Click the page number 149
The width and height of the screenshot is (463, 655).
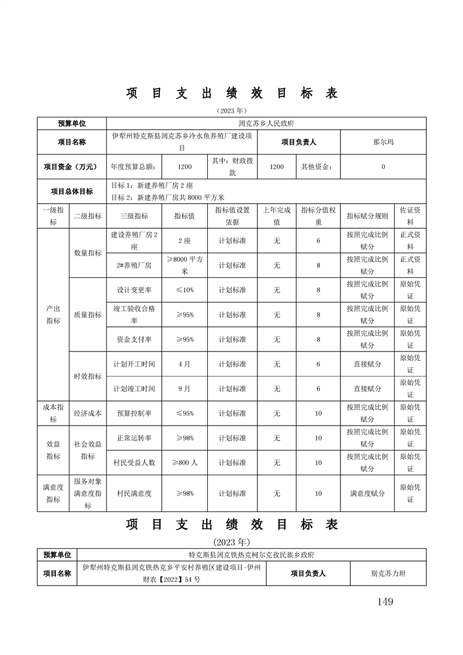pyautogui.click(x=385, y=601)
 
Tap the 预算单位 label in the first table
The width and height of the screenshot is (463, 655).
pyautogui.click(x=72, y=124)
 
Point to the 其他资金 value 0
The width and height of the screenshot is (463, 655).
pyautogui.click(x=383, y=167)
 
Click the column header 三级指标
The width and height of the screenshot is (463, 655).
pyautogui.click(x=134, y=216)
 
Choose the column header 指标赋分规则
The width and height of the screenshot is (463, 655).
pyautogui.click(x=367, y=216)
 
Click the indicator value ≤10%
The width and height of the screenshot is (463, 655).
pyautogui.click(x=184, y=290)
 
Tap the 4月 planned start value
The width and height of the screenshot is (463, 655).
pyautogui.click(x=184, y=364)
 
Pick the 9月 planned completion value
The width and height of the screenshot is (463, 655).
pyautogui.click(x=184, y=388)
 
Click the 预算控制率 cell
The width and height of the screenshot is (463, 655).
pyautogui.click(x=134, y=413)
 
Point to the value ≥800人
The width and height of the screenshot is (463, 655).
pyautogui.click(x=184, y=462)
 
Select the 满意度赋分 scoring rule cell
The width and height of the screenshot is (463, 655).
pyautogui.click(x=367, y=493)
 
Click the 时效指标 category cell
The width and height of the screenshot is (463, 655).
pyautogui.click(x=88, y=376)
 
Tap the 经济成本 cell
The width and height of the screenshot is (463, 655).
pyautogui.click(x=88, y=413)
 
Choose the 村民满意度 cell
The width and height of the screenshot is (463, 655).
pyautogui.click(x=134, y=493)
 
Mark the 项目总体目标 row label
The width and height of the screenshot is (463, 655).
pyautogui.click(x=72, y=191)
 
